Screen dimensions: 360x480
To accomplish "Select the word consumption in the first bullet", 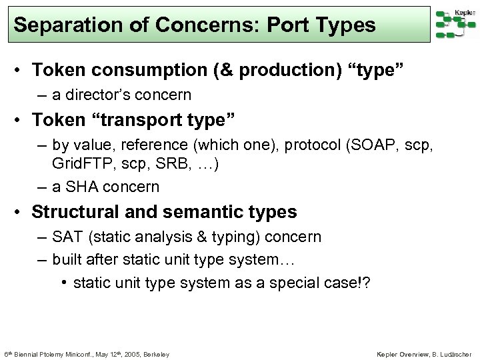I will click(x=153, y=70).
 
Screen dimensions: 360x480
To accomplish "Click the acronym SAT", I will click(x=68, y=237).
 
